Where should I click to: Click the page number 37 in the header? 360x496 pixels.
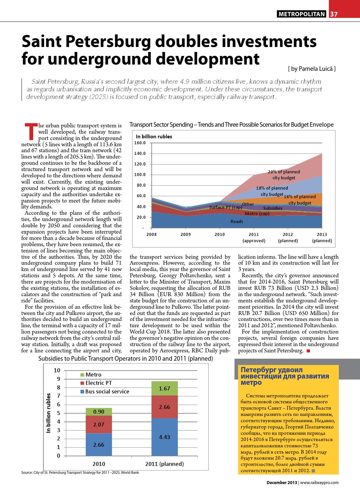point(334,14)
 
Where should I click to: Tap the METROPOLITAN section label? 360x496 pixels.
point(302,14)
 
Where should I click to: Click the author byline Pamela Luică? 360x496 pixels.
point(312,69)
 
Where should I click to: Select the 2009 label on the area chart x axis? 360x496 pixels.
point(185,235)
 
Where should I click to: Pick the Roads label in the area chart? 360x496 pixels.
point(236,221)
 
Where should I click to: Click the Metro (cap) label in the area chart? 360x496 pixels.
point(257,213)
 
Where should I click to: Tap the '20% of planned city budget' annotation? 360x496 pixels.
point(283,175)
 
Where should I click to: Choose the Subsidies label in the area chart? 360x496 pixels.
point(273,208)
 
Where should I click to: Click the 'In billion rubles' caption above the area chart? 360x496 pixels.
point(154,136)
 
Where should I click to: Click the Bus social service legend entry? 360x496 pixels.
point(104,391)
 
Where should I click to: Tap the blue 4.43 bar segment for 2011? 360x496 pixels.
point(165,437)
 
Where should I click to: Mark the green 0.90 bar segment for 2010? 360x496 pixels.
point(99,412)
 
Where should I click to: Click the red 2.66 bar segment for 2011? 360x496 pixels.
point(165,407)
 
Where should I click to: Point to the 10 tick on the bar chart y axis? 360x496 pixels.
point(57,370)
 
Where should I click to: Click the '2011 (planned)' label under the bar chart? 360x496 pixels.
point(165,464)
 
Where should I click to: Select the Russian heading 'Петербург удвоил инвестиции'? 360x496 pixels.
point(284,376)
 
